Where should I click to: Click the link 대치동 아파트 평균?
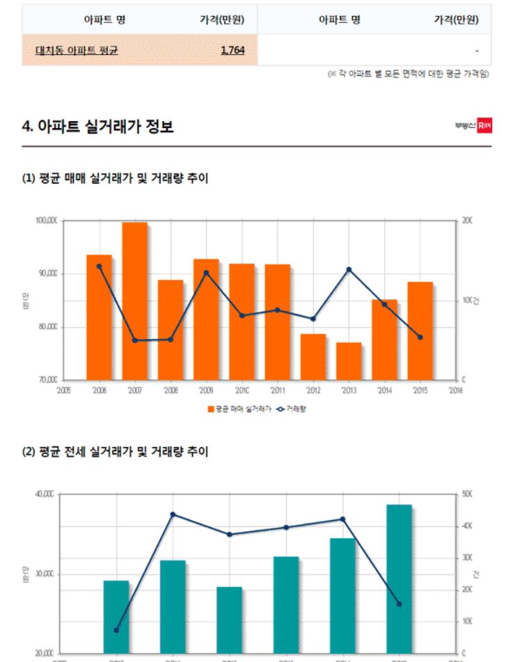tap(77, 51)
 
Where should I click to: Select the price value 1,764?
tap(232, 51)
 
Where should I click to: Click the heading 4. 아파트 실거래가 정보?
tap(97, 127)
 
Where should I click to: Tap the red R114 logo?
tap(484, 126)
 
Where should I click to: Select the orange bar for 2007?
tap(135, 301)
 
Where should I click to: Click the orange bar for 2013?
tap(349, 361)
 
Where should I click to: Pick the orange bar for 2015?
tap(420, 331)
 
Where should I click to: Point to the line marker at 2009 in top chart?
tap(206, 273)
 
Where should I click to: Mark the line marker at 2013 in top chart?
tap(349, 269)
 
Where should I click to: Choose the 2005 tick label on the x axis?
tap(63, 391)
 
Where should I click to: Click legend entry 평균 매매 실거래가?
tap(239, 409)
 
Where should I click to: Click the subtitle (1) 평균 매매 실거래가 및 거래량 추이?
tap(116, 179)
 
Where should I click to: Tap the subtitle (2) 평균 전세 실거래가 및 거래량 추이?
tap(116, 452)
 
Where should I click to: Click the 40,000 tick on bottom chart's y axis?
tap(45, 494)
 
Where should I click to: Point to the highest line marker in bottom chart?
tap(173, 515)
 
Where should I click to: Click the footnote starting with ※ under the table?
tap(408, 74)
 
